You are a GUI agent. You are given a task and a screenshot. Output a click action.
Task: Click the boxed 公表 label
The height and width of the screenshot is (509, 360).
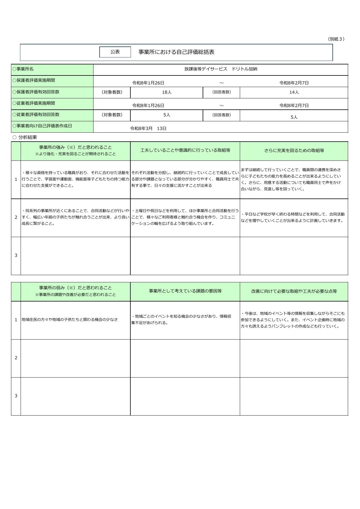pyautogui.click(x=115, y=52)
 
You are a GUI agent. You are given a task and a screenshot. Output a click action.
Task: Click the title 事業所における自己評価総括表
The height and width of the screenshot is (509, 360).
pyautogui.click(x=176, y=52)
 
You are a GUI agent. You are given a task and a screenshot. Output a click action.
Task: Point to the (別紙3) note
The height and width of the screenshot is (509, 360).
pyautogui.click(x=336, y=39)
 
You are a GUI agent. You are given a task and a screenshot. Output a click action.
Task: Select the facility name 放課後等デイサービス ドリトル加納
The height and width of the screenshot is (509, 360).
pyautogui.click(x=221, y=69)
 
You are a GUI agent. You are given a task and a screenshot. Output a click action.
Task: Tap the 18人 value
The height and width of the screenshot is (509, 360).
pyautogui.click(x=167, y=92)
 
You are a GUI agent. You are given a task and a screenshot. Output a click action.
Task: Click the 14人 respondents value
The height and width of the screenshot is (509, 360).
pyautogui.click(x=294, y=92)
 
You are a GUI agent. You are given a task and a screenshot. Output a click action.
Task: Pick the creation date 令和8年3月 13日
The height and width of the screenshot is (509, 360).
pyautogui.click(x=148, y=128)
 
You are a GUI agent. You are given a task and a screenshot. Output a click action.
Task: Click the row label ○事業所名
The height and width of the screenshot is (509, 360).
pyautogui.click(x=23, y=69)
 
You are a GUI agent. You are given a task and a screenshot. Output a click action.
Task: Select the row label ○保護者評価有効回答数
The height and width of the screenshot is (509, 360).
pyautogui.click(x=36, y=92)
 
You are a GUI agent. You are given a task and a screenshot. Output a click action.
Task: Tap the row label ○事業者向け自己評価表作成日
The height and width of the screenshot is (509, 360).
pyautogui.click(x=42, y=126)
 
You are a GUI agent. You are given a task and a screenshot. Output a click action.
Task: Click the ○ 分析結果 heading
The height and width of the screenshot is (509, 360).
pyautogui.click(x=25, y=137)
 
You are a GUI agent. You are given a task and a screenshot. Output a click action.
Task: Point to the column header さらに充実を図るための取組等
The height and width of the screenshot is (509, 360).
pyautogui.click(x=294, y=151)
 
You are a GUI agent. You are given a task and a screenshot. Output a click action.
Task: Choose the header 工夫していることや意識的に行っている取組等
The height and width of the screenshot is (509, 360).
pyautogui.click(x=185, y=150)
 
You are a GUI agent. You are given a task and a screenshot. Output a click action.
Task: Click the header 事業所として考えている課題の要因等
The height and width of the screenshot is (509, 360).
pyautogui.click(x=185, y=291)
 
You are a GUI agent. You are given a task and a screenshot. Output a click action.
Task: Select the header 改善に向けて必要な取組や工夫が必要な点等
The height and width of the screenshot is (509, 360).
pyautogui.click(x=294, y=291)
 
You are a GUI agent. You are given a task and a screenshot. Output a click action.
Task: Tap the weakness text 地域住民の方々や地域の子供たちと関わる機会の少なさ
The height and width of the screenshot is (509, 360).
pyautogui.click(x=70, y=320)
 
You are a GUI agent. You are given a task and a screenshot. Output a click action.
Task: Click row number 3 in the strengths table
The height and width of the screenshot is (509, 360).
pyautogui.click(x=16, y=255)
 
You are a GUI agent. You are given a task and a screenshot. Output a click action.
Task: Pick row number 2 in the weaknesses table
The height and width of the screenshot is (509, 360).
pyautogui.click(x=16, y=358)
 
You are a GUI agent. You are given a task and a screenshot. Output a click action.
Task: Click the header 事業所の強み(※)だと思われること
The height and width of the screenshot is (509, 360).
pyautogui.click(x=75, y=147)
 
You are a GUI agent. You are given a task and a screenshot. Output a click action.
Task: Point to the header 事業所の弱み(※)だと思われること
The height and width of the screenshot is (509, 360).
pyautogui.click(x=75, y=288)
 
